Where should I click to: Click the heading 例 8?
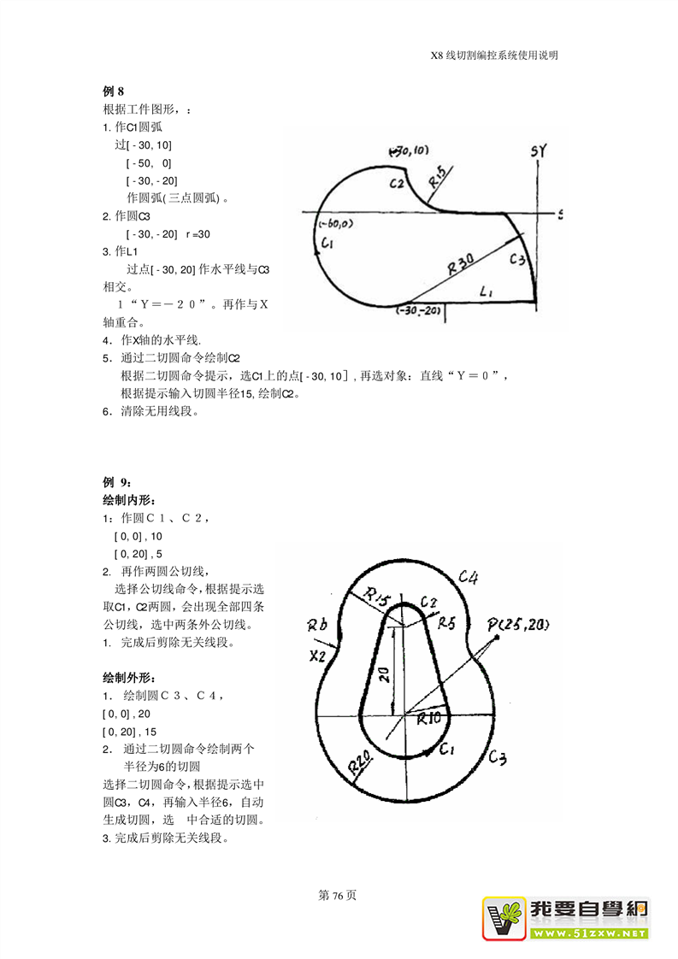click(x=114, y=91)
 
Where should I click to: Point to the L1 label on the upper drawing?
click(x=488, y=292)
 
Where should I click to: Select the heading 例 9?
click(x=117, y=482)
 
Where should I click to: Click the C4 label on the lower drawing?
click(x=468, y=577)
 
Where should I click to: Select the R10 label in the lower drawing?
click(x=428, y=719)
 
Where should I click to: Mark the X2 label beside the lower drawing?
click(x=317, y=656)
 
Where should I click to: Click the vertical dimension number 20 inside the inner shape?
click(x=384, y=674)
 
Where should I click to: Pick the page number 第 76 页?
click(x=337, y=896)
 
